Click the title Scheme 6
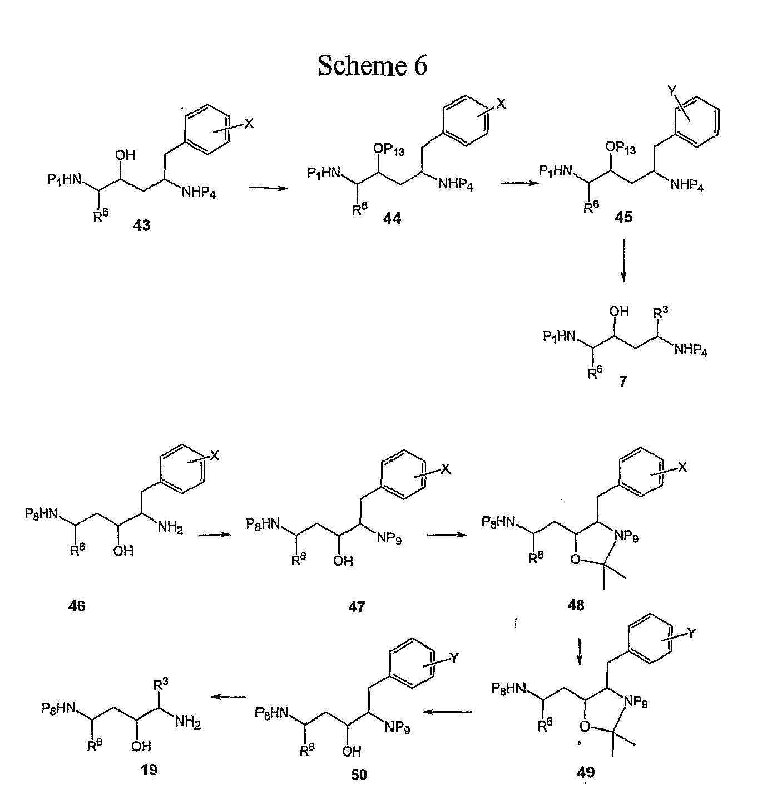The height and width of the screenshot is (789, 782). coord(372,66)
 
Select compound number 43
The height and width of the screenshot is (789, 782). coord(141,225)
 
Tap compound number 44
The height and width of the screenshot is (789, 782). coord(392,218)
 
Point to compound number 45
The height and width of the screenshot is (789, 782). coord(623,217)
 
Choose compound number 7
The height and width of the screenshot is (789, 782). coord(623,381)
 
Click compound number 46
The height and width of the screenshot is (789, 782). coord(77,606)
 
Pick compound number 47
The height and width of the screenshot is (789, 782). coord(356,606)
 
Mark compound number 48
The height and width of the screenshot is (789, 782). coord(576,605)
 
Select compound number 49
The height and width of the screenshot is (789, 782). coord(586,772)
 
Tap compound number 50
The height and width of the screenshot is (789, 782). coord(359,775)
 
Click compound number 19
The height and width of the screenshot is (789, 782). coord(149,770)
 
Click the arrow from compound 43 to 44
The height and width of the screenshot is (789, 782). coord(269,188)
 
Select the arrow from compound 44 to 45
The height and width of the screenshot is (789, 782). coord(520,183)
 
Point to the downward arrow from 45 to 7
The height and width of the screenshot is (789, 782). coord(623,261)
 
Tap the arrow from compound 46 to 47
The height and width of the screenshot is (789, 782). coord(215,535)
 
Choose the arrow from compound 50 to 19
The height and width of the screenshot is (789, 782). coord(228,697)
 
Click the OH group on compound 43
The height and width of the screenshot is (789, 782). coord(125,155)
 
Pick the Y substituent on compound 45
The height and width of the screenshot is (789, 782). coord(673,91)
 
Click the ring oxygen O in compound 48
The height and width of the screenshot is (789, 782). coord(575,559)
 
